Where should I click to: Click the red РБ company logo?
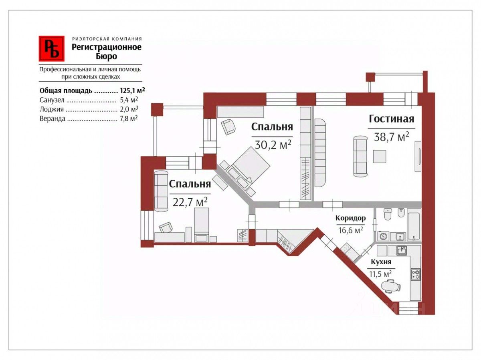coord(51,48)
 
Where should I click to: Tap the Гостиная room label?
coord(391,119)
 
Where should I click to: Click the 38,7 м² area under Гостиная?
coord(391,137)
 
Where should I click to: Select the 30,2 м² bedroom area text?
coord(273,145)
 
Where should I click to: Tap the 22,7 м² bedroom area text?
coord(190,201)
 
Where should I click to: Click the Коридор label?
coord(351,218)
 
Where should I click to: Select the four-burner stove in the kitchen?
coord(416,274)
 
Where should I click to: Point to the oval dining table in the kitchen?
coord(391,287)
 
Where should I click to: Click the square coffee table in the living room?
coord(379,156)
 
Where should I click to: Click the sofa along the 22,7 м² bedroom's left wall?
coord(161,191)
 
